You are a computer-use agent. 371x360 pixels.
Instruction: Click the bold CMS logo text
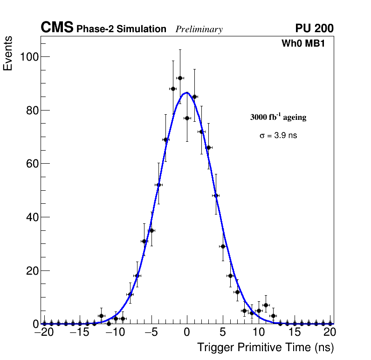57,28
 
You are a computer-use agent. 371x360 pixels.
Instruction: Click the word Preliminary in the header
199,29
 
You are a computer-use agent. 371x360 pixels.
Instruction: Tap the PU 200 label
314,28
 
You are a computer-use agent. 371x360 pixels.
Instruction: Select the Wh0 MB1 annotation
303,44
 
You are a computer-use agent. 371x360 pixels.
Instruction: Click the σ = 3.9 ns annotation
278,136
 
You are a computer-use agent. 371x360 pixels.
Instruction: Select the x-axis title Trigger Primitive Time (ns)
266,347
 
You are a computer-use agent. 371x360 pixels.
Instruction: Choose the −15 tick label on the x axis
80,332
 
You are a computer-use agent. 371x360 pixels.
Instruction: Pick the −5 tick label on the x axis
151,332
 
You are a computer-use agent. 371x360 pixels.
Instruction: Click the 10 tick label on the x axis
259,332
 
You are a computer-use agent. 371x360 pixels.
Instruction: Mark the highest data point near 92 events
180,78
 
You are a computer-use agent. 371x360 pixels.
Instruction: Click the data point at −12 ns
101,316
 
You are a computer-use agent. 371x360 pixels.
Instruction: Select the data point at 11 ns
266,305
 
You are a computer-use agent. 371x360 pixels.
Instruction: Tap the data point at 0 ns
187,118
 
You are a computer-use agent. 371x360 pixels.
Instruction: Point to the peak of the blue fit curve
187,93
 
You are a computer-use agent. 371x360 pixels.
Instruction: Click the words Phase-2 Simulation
121,29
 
